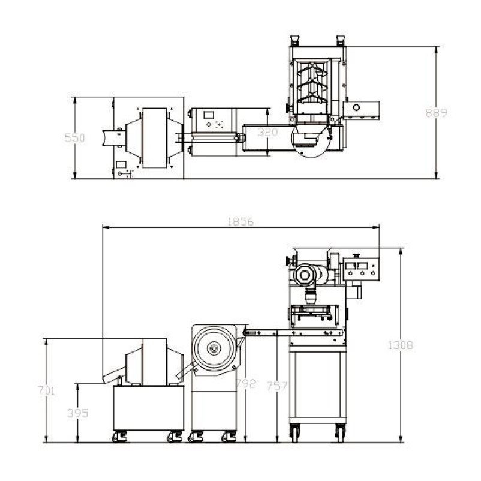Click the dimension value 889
click(x=436, y=113)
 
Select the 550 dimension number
click(x=74, y=138)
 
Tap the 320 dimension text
click(x=268, y=132)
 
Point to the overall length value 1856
click(x=241, y=221)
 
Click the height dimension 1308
click(x=401, y=345)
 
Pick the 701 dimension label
click(x=46, y=390)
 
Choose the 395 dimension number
click(x=78, y=413)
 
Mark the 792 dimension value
click(x=245, y=383)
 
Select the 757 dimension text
click(x=277, y=386)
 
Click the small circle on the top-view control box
click(x=356, y=108)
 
